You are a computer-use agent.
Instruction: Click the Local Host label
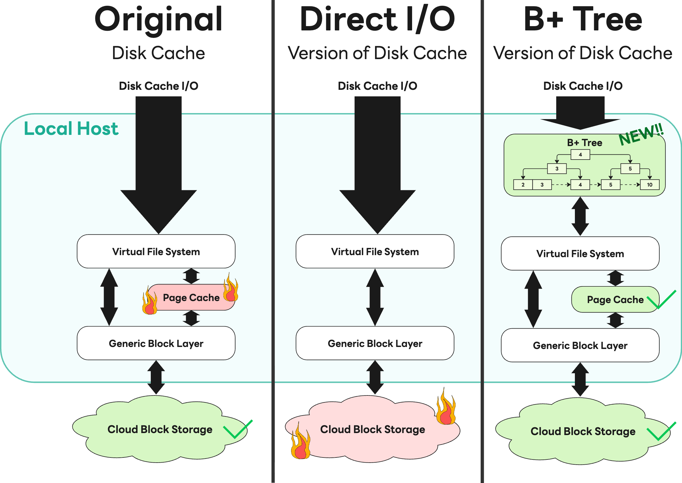click(71, 129)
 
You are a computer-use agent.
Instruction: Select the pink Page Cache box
click(191, 297)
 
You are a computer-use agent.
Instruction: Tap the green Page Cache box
click(615, 300)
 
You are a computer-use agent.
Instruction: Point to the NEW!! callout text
click(641, 135)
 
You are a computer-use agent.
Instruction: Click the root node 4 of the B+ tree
click(580, 155)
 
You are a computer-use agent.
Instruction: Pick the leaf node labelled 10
click(650, 185)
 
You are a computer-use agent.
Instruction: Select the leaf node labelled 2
click(523, 185)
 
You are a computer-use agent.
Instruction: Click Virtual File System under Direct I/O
click(375, 252)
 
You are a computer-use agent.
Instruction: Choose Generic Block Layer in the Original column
click(156, 343)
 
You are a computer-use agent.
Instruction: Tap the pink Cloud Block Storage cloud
click(372, 429)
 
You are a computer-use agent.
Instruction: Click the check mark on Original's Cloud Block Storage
click(238, 429)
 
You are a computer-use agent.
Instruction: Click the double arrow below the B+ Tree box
click(580, 216)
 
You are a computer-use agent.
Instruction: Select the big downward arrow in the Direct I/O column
click(377, 166)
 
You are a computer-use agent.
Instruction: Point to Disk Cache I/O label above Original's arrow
click(158, 86)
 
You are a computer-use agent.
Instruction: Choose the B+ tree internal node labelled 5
click(630, 169)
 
